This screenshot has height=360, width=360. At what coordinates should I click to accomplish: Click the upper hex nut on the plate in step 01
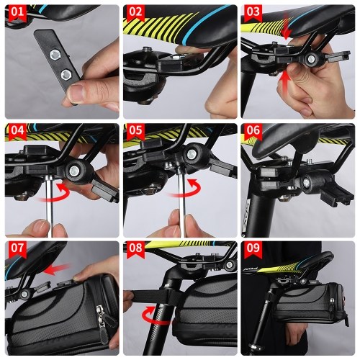56,55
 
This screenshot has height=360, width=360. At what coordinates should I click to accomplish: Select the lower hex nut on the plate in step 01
66,75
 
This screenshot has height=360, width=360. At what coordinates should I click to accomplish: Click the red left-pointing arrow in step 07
57,269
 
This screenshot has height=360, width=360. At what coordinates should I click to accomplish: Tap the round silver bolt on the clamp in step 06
307,182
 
